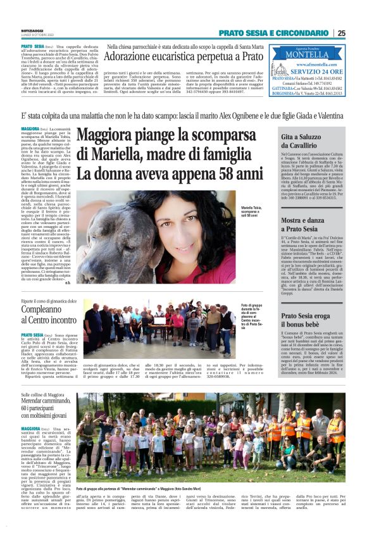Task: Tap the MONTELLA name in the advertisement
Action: click(x=315, y=54)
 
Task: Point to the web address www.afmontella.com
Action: click(x=315, y=63)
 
